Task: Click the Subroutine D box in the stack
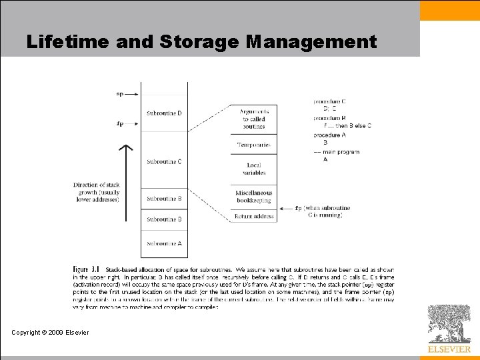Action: pyautogui.click(x=164, y=113)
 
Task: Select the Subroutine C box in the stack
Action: pyautogui.click(x=164, y=161)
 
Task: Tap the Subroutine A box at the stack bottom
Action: pyautogui.click(x=164, y=243)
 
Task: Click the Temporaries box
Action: pyautogui.click(x=253, y=145)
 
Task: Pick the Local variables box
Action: pyautogui.click(x=253, y=169)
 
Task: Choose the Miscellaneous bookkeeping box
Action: pyautogui.click(x=253, y=197)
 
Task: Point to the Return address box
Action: pyautogui.click(x=253, y=216)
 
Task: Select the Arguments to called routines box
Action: pyautogui.click(x=253, y=119)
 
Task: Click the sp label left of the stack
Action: pyautogui.click(x=120, y=94)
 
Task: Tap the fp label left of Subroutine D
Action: pyautogui.click(x=120, y=123)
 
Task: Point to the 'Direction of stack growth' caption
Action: pyautogui.click(x=96, y=192)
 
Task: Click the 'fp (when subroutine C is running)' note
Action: pyautogui.click(x=323, y=211)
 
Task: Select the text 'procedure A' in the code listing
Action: pyautogui.click(x=330, y=135)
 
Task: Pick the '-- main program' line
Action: pyautogui.click(x=337, y=152)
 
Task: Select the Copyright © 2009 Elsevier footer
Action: pyautogui.click(x=50, y=332)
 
